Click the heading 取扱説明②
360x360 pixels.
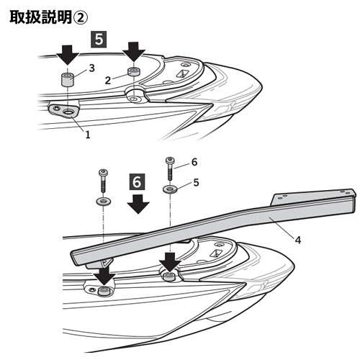pos(49,17)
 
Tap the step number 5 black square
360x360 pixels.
pos(99,39)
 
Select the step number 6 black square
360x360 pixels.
pos(137,181)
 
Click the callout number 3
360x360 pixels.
pos(91,68)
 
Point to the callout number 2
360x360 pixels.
pos(108,81)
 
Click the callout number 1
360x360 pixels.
pos(88,135)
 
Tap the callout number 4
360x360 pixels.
pos(298,240)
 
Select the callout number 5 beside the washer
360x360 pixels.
pos(196,183)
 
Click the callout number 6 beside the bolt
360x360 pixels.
pos(194,162)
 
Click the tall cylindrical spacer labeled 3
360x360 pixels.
pos(67,79)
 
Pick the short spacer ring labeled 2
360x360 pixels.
pos(133,71)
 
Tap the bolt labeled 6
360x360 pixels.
pos(170,168)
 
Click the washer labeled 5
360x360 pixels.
pos(170,189)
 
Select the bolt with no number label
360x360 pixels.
pos(103,181)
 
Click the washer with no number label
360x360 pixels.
pos(104,202)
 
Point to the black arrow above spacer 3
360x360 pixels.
pos(68,55)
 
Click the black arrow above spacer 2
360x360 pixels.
pos(134,52)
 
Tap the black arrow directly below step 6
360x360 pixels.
pos(138,204)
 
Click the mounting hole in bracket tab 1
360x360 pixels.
pos(68,112)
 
